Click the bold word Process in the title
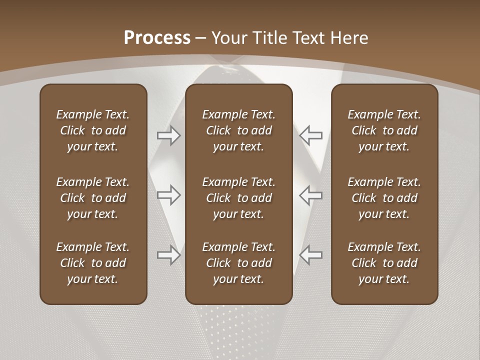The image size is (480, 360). (x=157, y=38)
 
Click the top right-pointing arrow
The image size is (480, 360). (x=169, y=135)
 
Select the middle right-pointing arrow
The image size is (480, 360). (x=169, y=195)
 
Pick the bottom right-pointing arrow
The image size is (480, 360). (x=169, y=255)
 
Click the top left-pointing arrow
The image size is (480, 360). (x=310, y=135)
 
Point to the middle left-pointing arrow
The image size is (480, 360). (x=310, y=195)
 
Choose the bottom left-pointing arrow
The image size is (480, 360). (x=310, y=255)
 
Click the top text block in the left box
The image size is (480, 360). (x=93, y=130)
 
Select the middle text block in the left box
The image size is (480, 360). (x=93, y=198)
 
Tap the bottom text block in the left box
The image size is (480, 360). (x=93, y=263)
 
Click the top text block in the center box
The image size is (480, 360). (x=239, y=130)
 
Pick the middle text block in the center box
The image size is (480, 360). (x=239, y=198)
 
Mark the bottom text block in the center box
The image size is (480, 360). (x=239, y=263)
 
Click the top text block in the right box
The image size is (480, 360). (x=384, y=130)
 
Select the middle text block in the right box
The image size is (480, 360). (x=384, y=198)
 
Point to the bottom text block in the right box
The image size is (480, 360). (x=384, y=263)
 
